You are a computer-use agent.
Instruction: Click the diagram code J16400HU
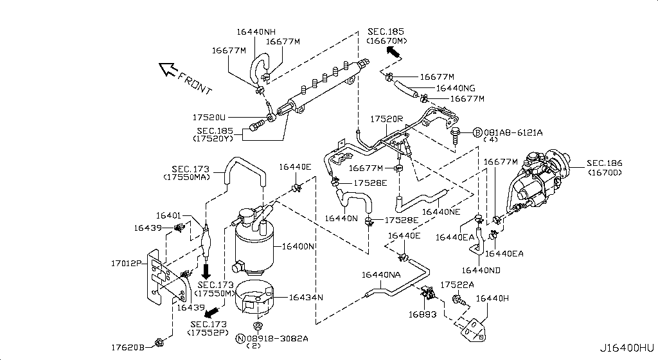click(x=627, y=348)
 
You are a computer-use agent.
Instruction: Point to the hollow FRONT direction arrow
click(x=166, y=69)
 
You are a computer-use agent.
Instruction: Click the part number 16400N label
click(x=298, y=246)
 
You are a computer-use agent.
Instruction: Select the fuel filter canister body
click(x=253, y=248)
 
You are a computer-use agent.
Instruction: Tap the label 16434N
click(x=306, y=298)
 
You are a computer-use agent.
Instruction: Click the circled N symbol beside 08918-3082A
click(x=240, y=339)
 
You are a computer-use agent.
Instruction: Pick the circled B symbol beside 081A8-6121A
click(x=477, y=132)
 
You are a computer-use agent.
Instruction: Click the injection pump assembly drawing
click(x=538, y=181)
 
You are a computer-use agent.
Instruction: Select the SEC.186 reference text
click(x=604, y=163)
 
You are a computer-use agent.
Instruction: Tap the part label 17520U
click(x=209, y=118)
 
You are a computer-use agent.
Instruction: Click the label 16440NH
click(x=256, y=32)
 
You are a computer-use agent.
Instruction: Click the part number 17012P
click(x=127, y=263)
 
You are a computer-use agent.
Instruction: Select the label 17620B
click(x=128, y=347)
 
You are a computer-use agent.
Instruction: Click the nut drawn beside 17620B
click(x=159, y=343)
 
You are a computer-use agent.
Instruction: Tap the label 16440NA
click(x=381, y=275)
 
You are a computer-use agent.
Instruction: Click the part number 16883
click(x=423, y=314)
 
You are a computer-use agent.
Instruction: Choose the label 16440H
click(x=492, y=298)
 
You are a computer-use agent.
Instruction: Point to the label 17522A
click(x=457, y=285)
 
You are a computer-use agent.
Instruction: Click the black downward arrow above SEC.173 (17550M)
click(x=206, y=271)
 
